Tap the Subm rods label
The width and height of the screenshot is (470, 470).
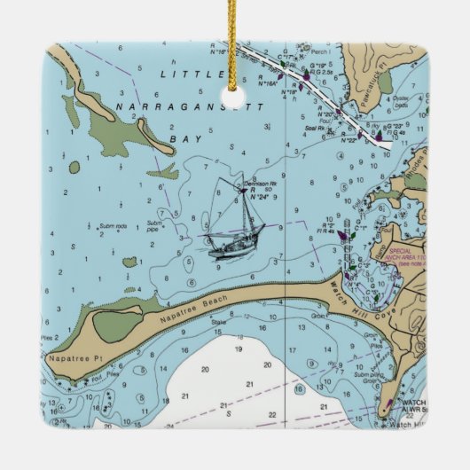click(113, 226)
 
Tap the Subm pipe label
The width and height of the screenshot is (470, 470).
click(155, 225)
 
